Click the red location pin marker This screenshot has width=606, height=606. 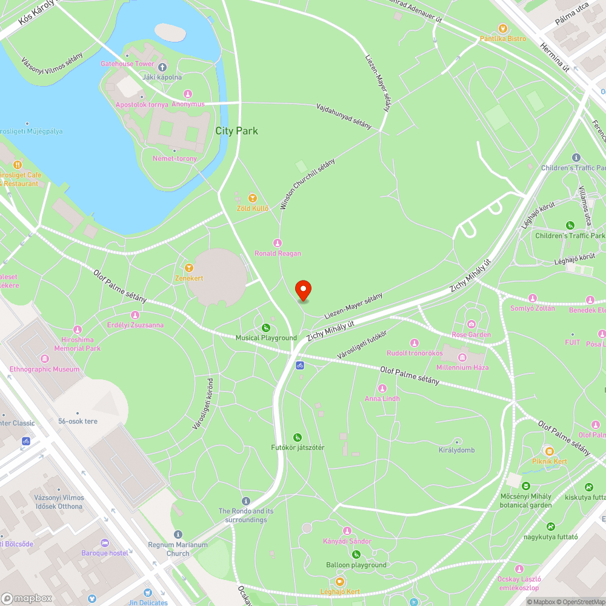pyautogui.click(x=303, y=290)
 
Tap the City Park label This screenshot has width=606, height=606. pyautogui.click(x=236, y=131)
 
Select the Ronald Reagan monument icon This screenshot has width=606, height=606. pyautogui.click(x=278, y=243)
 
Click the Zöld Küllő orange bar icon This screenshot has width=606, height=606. pyautogui.click(x=252, y=198)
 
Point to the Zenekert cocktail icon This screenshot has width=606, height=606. pyautogui.click(x=189, y=267)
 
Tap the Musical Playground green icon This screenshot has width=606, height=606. pyautogui.click(x=266, y=328)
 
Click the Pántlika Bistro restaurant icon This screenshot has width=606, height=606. pyautogui.click(x=502, y=28)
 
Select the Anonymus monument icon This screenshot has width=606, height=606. pyautogui.click(x=188, y=94)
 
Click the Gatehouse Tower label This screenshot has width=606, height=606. pyautogui.click(x=127, y=64)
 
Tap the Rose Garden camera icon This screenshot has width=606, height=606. pyautogui.click(x=471, y=325)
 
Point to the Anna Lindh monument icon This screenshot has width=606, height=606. pyautogui.click(x=382, y=388)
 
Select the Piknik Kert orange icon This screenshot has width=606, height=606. pyautogui.click(x=549, y=451)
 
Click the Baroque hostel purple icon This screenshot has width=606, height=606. pyautogui.click(x=105, y=543)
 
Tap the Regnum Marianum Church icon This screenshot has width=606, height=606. pyautogui.click(x=178, y=534)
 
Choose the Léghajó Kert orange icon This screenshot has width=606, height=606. pyautogui.click(x=340, y=581)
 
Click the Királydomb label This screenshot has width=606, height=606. pyautogui.click(x=457, y=450)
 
